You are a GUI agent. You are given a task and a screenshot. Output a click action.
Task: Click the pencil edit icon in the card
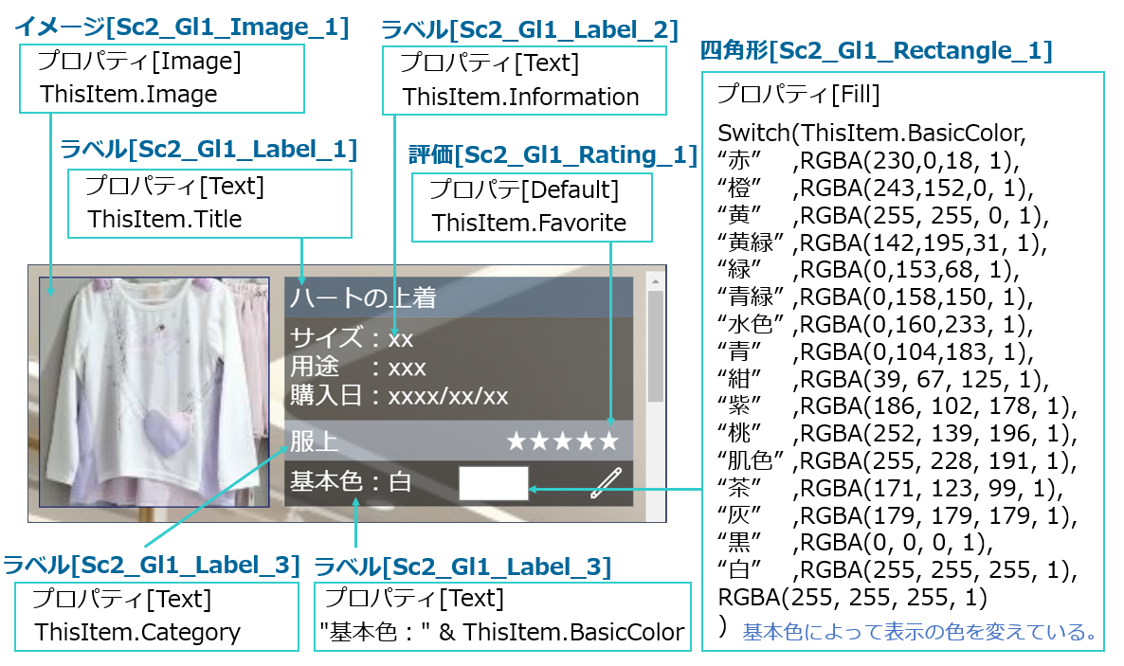click(x=605, y=483)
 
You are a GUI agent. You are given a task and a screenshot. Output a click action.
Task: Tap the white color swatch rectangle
click(x=493, y=483)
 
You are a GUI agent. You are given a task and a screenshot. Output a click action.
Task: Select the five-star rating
click(x=562, y=441)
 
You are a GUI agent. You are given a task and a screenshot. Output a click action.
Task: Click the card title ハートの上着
click(x=363, y=298)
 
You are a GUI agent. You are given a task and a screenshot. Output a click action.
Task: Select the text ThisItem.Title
click(x=165, y=220)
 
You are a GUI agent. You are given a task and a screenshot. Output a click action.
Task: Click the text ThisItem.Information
click(x=520, y=97)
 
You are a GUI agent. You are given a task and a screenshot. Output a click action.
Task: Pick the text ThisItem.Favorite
click(x=529, y=224)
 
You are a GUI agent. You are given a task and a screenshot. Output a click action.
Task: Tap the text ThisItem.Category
click(x=137, y=632)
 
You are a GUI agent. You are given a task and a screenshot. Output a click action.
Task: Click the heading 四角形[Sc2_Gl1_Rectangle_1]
click(x=876, y=51)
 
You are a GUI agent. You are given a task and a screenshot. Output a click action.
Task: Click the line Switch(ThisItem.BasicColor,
click(x=872, y=131)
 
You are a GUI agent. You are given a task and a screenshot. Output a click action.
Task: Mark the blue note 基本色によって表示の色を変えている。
click(x=919, y=631)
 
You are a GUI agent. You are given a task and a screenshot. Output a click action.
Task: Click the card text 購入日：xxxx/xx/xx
click(x=399, y=396)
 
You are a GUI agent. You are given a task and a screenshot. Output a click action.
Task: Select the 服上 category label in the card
click(x=314, y=441)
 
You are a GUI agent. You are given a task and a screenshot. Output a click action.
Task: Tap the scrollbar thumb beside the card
click(x=655, y=346)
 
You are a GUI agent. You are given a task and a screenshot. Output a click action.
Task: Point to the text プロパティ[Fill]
click(x=798, y=95)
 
